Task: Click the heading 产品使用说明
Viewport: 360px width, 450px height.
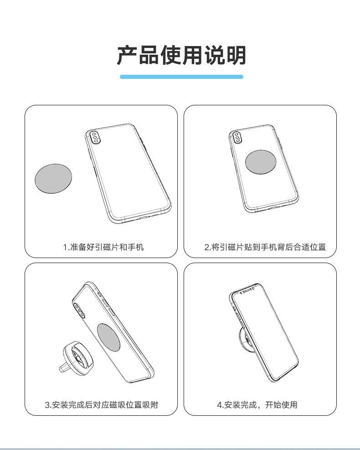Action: tap(181, 56)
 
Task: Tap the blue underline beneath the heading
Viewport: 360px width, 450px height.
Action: tap(181, 77)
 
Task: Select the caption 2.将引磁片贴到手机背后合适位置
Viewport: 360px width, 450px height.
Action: tap(265, 247)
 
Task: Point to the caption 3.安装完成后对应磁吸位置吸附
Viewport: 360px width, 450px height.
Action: tap(101, 404)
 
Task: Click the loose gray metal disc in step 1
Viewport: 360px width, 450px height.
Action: tap(54, 178)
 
